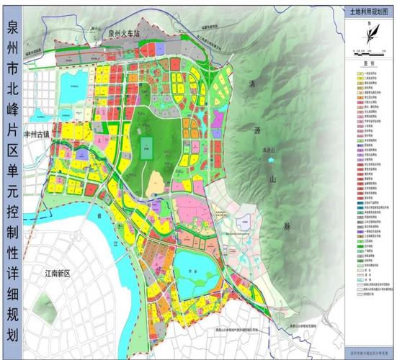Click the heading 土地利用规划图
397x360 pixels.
tap(368, 12)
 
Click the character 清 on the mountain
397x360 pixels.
tap(252, 84)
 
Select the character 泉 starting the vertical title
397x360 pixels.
tap(12, 29)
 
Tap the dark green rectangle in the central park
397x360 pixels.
tap(147, 148)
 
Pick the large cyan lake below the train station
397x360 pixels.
tap(74, 83)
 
